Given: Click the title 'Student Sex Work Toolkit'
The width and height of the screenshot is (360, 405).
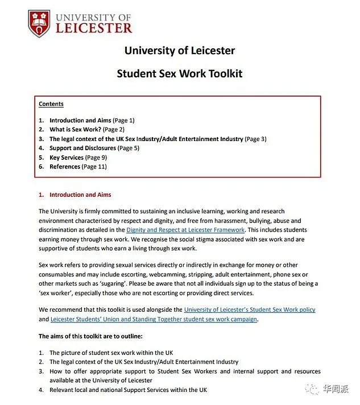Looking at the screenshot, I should pyautogui.click(x=179, y=73).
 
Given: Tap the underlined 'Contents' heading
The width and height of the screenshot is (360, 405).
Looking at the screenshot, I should pyautogui.click(x=51, y=104).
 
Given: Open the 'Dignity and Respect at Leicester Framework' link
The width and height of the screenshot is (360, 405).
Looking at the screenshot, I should pyautogui.click(x=185, y=230).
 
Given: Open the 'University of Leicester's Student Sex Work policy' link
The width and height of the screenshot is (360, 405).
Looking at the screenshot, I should pyautogui.click(x=250, y=310).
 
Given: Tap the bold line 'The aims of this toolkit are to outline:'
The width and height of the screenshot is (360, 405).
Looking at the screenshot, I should pyautogui.click(x=90, y=336).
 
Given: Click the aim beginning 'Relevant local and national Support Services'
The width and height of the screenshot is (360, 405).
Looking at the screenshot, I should pyautogui.click(x=128, y=390).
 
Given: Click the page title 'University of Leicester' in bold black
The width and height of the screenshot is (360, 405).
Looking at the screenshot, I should pyautogui.click(x=179, y=51).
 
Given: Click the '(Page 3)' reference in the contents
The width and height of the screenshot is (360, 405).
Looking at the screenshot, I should pyautogui.click(x=255, y=139).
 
